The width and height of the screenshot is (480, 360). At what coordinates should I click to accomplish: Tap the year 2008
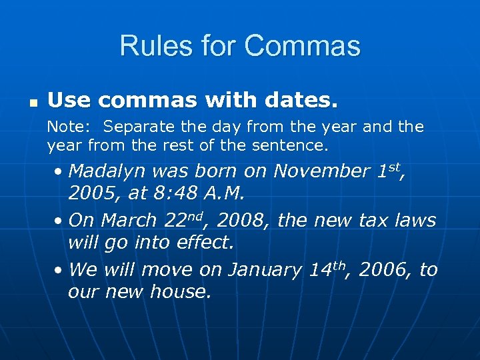tap(241, 221)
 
